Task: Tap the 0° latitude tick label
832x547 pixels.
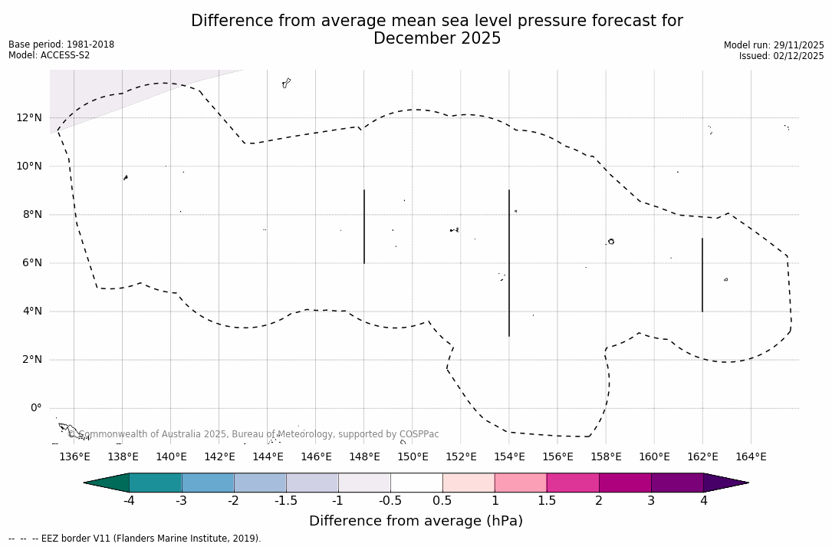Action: click(x=36, y=407)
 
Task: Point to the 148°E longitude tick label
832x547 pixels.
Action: click(x=364, y=457)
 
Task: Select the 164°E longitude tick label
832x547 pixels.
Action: click(x=751, y=457)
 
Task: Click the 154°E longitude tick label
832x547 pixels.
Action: click(x=509, y=457)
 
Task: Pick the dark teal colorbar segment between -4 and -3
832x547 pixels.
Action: click(x=156, y=483)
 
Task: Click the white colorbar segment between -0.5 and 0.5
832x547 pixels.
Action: click(x=416, y=483)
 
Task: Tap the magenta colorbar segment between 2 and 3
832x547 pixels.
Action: click(x=625, y=483)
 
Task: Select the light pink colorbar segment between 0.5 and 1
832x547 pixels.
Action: click(x=469, y=483)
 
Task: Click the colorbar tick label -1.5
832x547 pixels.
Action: click(x=286, y=501)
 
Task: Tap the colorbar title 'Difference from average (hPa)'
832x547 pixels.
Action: click(x=416, y=521)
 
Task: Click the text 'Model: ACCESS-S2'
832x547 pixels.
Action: click(x=49, y=55)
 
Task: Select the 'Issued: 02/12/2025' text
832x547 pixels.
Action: click(x=781, y=56)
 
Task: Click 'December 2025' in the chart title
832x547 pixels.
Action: click(x=437, y=38)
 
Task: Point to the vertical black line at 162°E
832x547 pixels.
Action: click(x=702, y=275)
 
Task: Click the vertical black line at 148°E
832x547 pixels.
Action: click(x=364, y=226)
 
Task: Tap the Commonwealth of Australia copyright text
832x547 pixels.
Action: click(x=254, y=434)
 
